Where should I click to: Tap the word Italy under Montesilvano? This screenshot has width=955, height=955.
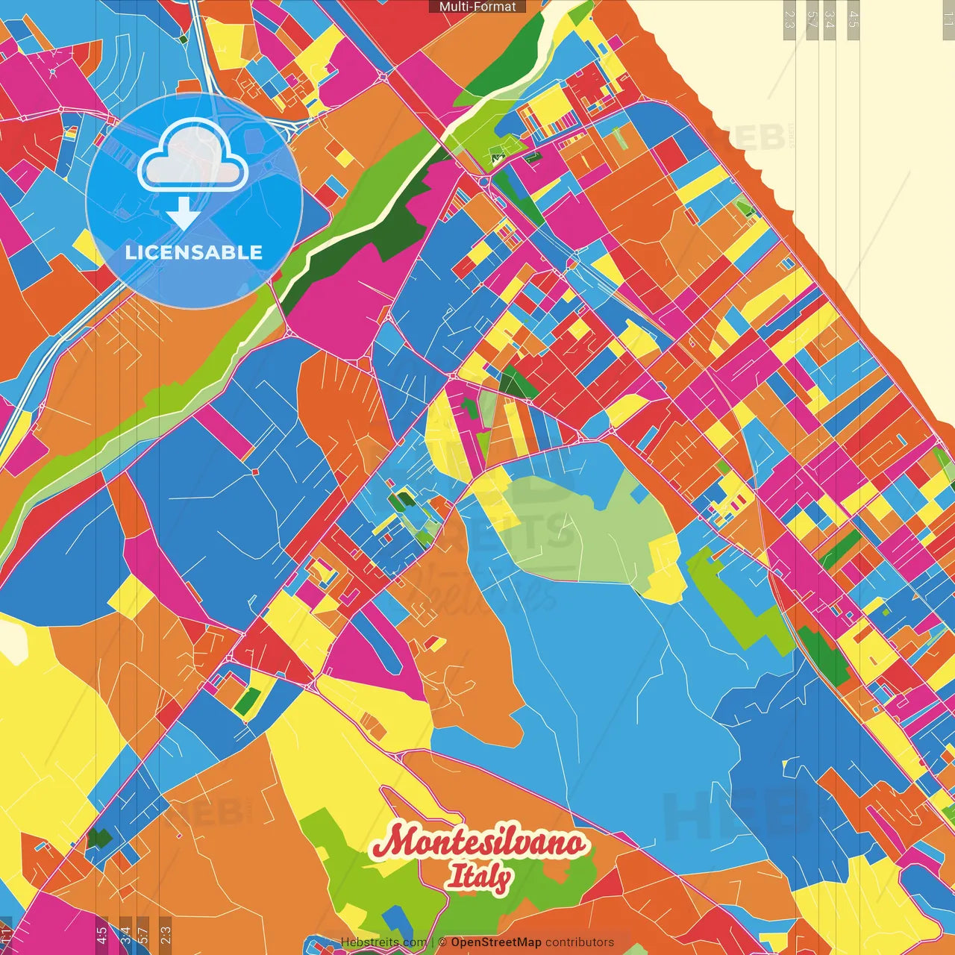(479, 876)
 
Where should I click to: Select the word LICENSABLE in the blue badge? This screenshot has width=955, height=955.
(194, 252)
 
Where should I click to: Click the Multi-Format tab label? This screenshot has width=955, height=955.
(477, 7)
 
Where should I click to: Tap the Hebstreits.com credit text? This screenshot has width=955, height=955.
(383, 942)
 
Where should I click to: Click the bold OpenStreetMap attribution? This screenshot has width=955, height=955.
(495, 942)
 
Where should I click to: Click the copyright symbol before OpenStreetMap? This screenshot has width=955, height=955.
(442, 942)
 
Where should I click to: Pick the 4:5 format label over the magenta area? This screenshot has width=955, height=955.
(101, 934)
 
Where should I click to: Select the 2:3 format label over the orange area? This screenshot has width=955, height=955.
(166, 934)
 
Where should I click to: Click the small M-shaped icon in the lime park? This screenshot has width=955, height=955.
(498, 157)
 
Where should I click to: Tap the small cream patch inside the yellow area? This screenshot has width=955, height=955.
(13, 641)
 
